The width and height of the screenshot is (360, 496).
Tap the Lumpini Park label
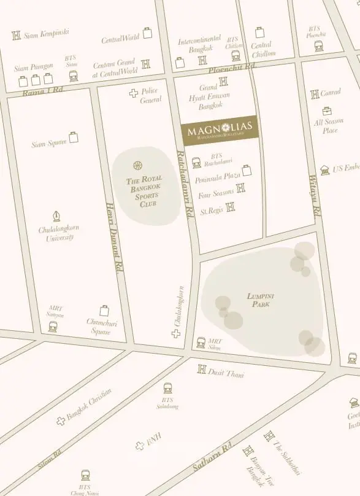coord(259,300)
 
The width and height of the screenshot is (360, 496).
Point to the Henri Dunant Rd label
coord(115,238)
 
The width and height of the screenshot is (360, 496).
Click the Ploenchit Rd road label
coord(231,68)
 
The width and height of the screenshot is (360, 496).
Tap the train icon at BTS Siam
coord(73,76)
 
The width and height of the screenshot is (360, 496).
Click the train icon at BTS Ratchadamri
coord(196,163)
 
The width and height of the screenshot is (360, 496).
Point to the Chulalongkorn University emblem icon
coord(57,216)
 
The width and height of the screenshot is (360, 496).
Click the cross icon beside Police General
coord(133,93)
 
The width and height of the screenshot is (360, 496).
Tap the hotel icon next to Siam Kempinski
coord(16,36)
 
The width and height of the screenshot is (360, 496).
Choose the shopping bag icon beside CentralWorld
coord(147,33)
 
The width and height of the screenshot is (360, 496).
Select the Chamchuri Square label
coord(102,326)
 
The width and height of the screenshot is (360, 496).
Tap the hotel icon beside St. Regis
coord(230,207)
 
